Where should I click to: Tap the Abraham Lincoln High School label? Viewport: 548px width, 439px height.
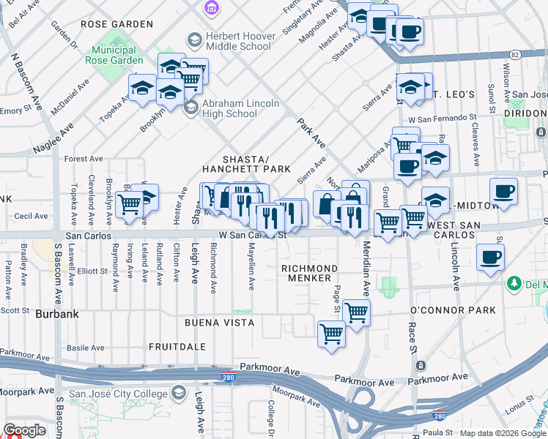(x=240, y=108)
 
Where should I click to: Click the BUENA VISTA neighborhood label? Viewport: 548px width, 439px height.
(x=219, y=322)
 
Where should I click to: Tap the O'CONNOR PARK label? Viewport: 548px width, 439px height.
(x=463, y=311)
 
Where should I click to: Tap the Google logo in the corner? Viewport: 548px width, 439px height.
(x=24, y=430)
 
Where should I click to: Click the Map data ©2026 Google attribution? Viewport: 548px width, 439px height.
(x=503, y=433)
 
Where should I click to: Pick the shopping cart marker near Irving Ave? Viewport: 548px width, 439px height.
(x=129, y=205)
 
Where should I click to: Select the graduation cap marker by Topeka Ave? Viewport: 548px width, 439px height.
(x=142, y=88)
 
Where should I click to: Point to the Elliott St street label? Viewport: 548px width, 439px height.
(x=92, y=271)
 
